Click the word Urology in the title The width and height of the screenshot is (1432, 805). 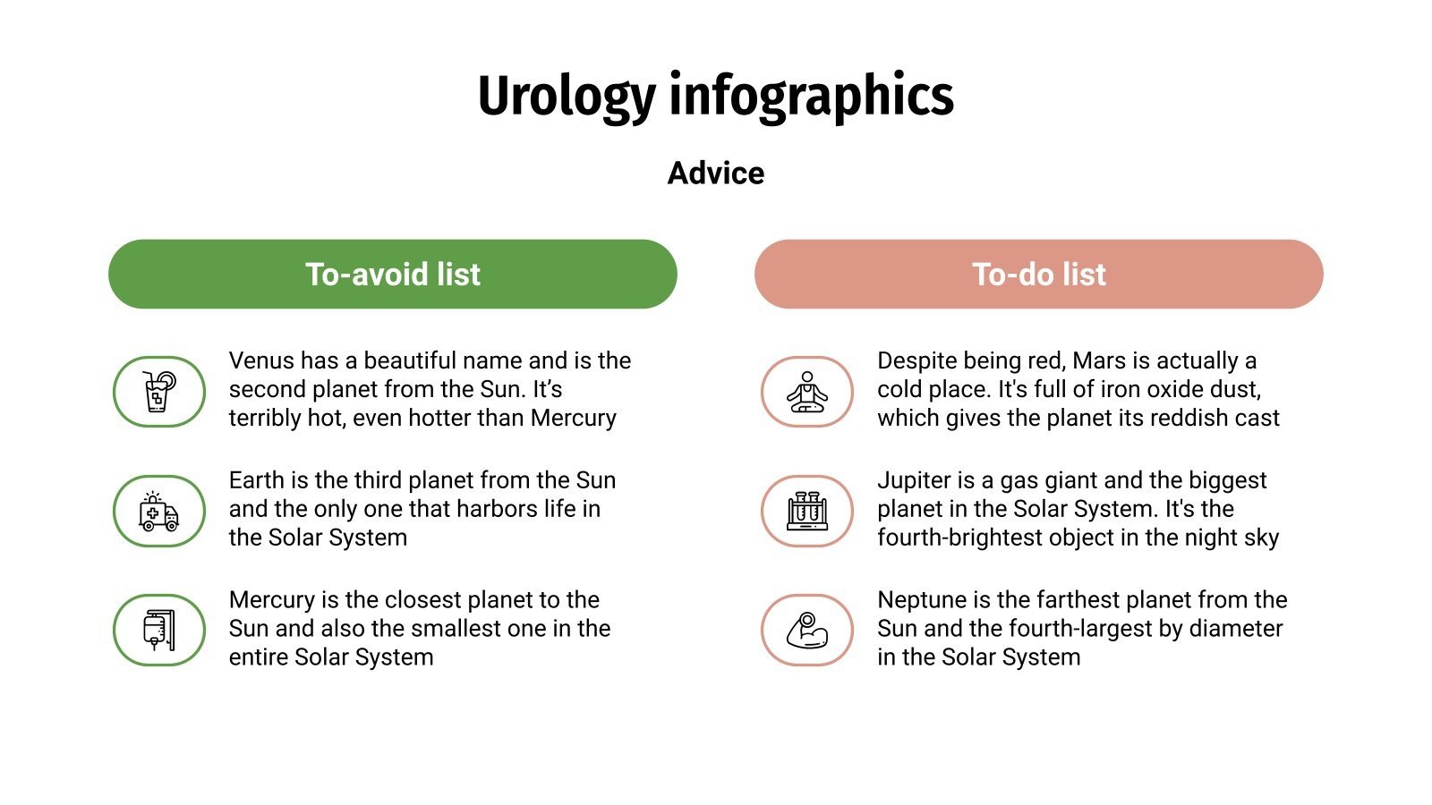pos(567,97)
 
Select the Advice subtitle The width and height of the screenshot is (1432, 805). pos(716,173)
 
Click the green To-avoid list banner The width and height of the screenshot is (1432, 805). pos(392,274)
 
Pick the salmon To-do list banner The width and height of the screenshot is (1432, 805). pos(1038,274)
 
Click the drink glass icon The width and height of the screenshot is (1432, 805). pos(159,392)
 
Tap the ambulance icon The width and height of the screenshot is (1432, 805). pos(159,511)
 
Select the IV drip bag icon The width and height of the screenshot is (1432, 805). pos(159,630)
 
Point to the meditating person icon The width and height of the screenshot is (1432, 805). pos(807,392)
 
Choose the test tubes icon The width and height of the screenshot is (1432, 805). pos(807,511)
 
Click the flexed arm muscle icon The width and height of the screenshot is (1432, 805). pos(807,630)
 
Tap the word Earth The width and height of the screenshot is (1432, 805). pos(256,480)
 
